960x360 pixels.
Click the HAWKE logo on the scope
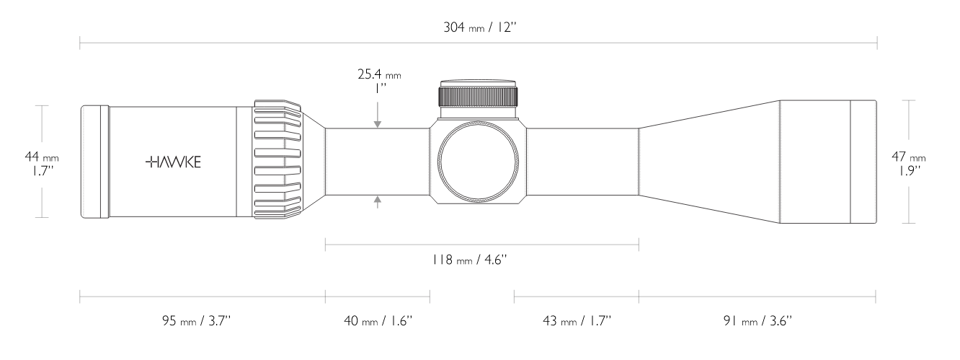click(173, 162)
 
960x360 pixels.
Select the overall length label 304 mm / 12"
click(480, 27)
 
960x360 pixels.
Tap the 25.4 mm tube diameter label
click(379, 74)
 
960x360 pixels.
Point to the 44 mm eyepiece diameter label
click(42, 157)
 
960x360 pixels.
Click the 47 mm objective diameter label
click(909, 157)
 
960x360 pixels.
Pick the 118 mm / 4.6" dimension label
click(469, 260)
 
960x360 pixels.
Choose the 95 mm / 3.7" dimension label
click(196, 321)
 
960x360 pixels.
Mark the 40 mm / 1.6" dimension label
click(378, 321)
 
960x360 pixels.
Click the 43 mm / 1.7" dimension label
click(577, 321)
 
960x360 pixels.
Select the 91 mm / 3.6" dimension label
click(757, 321)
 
